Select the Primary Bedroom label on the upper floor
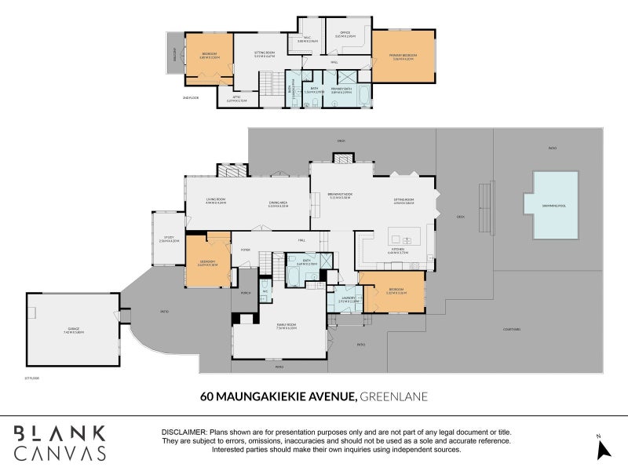(403, 57)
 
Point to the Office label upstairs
(345, 35)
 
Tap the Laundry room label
(348, 299)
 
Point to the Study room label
(168, 238)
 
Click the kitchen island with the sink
(404, 239)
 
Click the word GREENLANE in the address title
(393, 396)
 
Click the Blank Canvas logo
(60, 442)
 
